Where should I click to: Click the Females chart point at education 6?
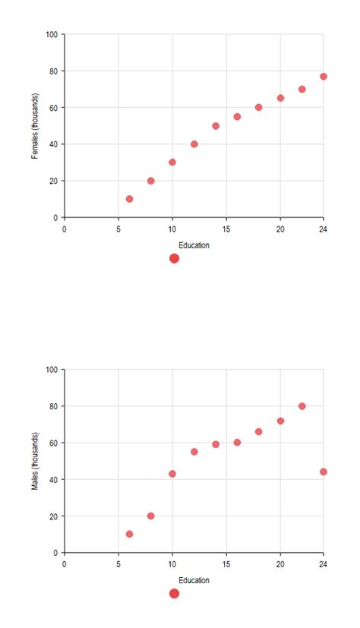click(x=129, y=199)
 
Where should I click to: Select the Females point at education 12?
click(x=194, y=144)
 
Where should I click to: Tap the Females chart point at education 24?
click(x=324, y=77)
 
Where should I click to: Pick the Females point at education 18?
click(x=258, y=107)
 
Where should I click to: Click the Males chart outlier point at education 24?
click(x=324, y=472)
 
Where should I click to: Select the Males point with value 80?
click(x=302, y=406)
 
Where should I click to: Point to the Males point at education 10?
click(x=172, y=474)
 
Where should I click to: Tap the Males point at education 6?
click(x=129, y=534)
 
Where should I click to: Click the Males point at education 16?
click(x=237, y=443)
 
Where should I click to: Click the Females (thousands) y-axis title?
click(x=35, y=126)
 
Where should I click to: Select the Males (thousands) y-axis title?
click(x=35, y=461)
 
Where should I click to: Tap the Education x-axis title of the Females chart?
click(x=194, y=245)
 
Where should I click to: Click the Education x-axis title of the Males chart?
click(x=194, y=581)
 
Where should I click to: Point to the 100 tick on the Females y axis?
click(x=52, y=34)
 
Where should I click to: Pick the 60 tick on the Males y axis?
click(x=53, y=443)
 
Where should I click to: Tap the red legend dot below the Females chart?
click(x=174, y=258)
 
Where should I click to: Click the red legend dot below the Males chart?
click(x=174, y=594)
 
